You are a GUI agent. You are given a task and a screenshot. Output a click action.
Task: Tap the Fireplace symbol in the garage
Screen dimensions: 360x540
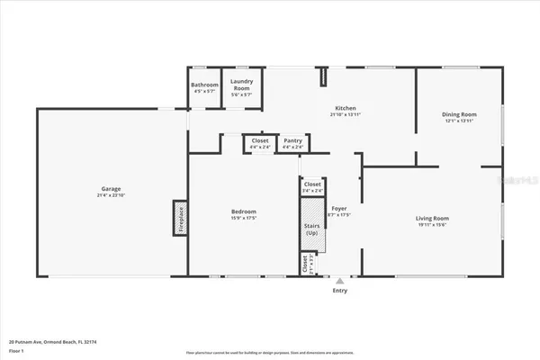tap(179, 218)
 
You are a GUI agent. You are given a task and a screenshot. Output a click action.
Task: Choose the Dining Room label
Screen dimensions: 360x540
tap(458, 114)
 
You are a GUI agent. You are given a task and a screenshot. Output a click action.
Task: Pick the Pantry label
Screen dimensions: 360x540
tap(292, 140)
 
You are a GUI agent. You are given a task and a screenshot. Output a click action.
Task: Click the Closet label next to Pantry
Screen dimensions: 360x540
tap(260, 140)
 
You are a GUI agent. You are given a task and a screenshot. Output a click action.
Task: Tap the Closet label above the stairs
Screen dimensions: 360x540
tap(312, 184)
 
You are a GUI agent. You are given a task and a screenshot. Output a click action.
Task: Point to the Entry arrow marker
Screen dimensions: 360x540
tap(339, 280)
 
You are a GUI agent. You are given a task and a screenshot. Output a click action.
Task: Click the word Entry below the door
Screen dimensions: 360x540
tap(339, 291)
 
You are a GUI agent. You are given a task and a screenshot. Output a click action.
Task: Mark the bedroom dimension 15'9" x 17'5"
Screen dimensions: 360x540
tap(243, 218)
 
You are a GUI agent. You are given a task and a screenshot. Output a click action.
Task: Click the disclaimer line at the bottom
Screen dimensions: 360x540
tap(269, 352)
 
